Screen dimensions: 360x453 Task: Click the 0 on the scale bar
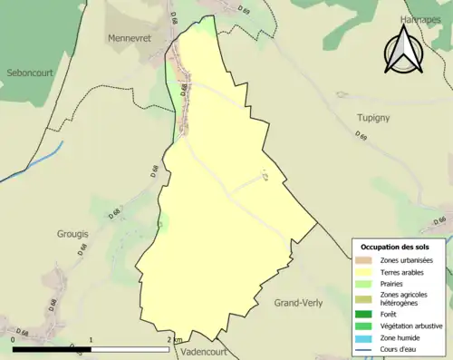point(14,340)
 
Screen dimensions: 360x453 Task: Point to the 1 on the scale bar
point(92,340)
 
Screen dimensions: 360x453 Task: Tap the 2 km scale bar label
point(174,340)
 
